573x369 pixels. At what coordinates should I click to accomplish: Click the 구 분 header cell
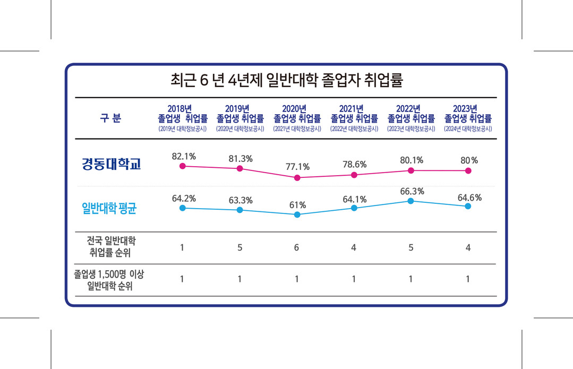point(110,118)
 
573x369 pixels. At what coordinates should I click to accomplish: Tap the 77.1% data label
point(297,167)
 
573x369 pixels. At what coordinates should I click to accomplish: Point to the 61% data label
point(297,205)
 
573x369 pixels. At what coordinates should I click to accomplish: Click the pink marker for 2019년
point(240,169)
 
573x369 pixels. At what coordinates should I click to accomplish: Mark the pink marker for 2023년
point(468,170)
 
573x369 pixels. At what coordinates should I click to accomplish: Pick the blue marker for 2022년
point(410,201)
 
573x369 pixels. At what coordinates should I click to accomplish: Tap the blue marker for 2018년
point(183,208)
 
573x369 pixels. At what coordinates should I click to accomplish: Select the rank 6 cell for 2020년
point(297,247)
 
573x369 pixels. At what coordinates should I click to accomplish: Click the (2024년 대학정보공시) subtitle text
point(468,129)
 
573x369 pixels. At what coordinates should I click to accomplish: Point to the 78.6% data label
point(354,164)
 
